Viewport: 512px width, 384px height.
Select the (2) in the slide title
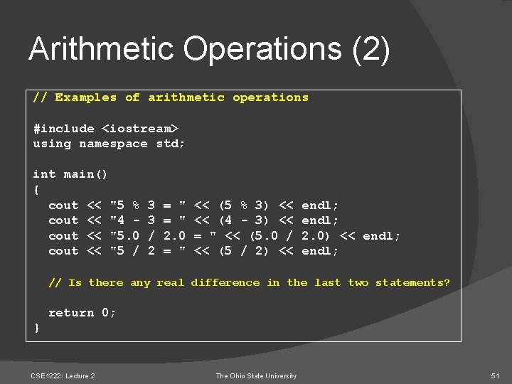pos(371,50)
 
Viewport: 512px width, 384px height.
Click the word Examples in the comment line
pos(85,97)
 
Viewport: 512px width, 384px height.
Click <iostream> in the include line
pos(140,129)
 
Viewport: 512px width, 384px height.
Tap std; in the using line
pos(171,144)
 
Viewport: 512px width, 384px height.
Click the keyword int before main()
pos(44,174)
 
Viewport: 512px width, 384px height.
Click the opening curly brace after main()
pos(36,190)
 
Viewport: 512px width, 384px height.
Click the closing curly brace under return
pos(36,328)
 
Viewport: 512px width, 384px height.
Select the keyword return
pos(70,313)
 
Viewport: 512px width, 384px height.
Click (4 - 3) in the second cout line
pos(243,220)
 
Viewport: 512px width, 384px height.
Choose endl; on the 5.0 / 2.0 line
pos(382,236)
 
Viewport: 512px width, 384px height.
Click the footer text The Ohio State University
pos(256,375)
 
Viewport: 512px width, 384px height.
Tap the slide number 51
pos(496,375)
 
